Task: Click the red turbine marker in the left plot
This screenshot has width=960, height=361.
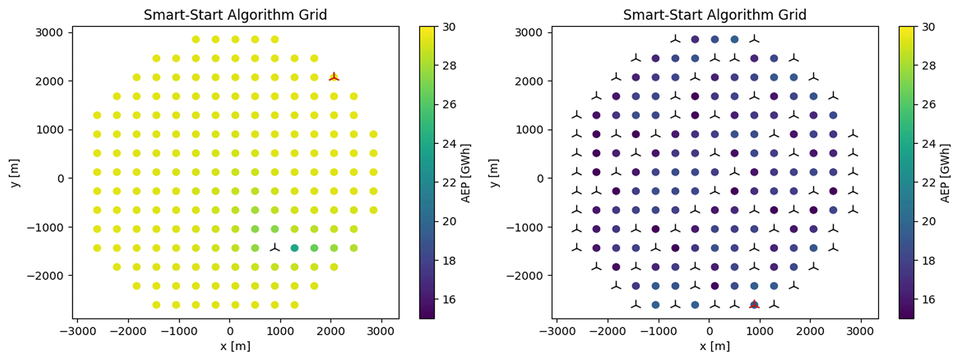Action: pos(334,77)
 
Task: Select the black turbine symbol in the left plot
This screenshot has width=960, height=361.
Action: pos(275,248)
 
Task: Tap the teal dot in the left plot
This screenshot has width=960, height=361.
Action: pos(294,248)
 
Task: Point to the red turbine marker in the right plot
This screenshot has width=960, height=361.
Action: pos(754,304)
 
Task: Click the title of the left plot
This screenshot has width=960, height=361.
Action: pos(235,15)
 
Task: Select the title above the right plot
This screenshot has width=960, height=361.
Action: pos(714,15)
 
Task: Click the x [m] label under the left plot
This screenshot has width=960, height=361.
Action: pos(235,346)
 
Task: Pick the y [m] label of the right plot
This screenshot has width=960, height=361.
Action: pos(494,173)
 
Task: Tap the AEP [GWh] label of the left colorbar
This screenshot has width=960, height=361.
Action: pos(466,173)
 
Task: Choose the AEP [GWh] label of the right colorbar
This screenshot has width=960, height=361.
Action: pos(945,173)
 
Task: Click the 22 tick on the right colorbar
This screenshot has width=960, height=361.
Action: pos(928,182)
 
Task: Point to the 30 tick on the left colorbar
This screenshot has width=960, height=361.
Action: pos(449,27)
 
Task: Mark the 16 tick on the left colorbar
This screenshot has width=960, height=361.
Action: pos(449,299)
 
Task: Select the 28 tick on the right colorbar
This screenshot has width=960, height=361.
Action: pos(928,66)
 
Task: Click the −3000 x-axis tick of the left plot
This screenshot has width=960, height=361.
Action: pos(77,331)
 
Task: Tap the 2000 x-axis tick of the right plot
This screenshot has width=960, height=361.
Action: pos(810,331)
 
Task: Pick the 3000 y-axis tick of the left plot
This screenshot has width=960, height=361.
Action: pos(49,32)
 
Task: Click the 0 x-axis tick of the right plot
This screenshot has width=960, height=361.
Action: pos(709,331)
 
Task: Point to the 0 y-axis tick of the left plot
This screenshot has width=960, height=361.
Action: pos(61,179)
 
